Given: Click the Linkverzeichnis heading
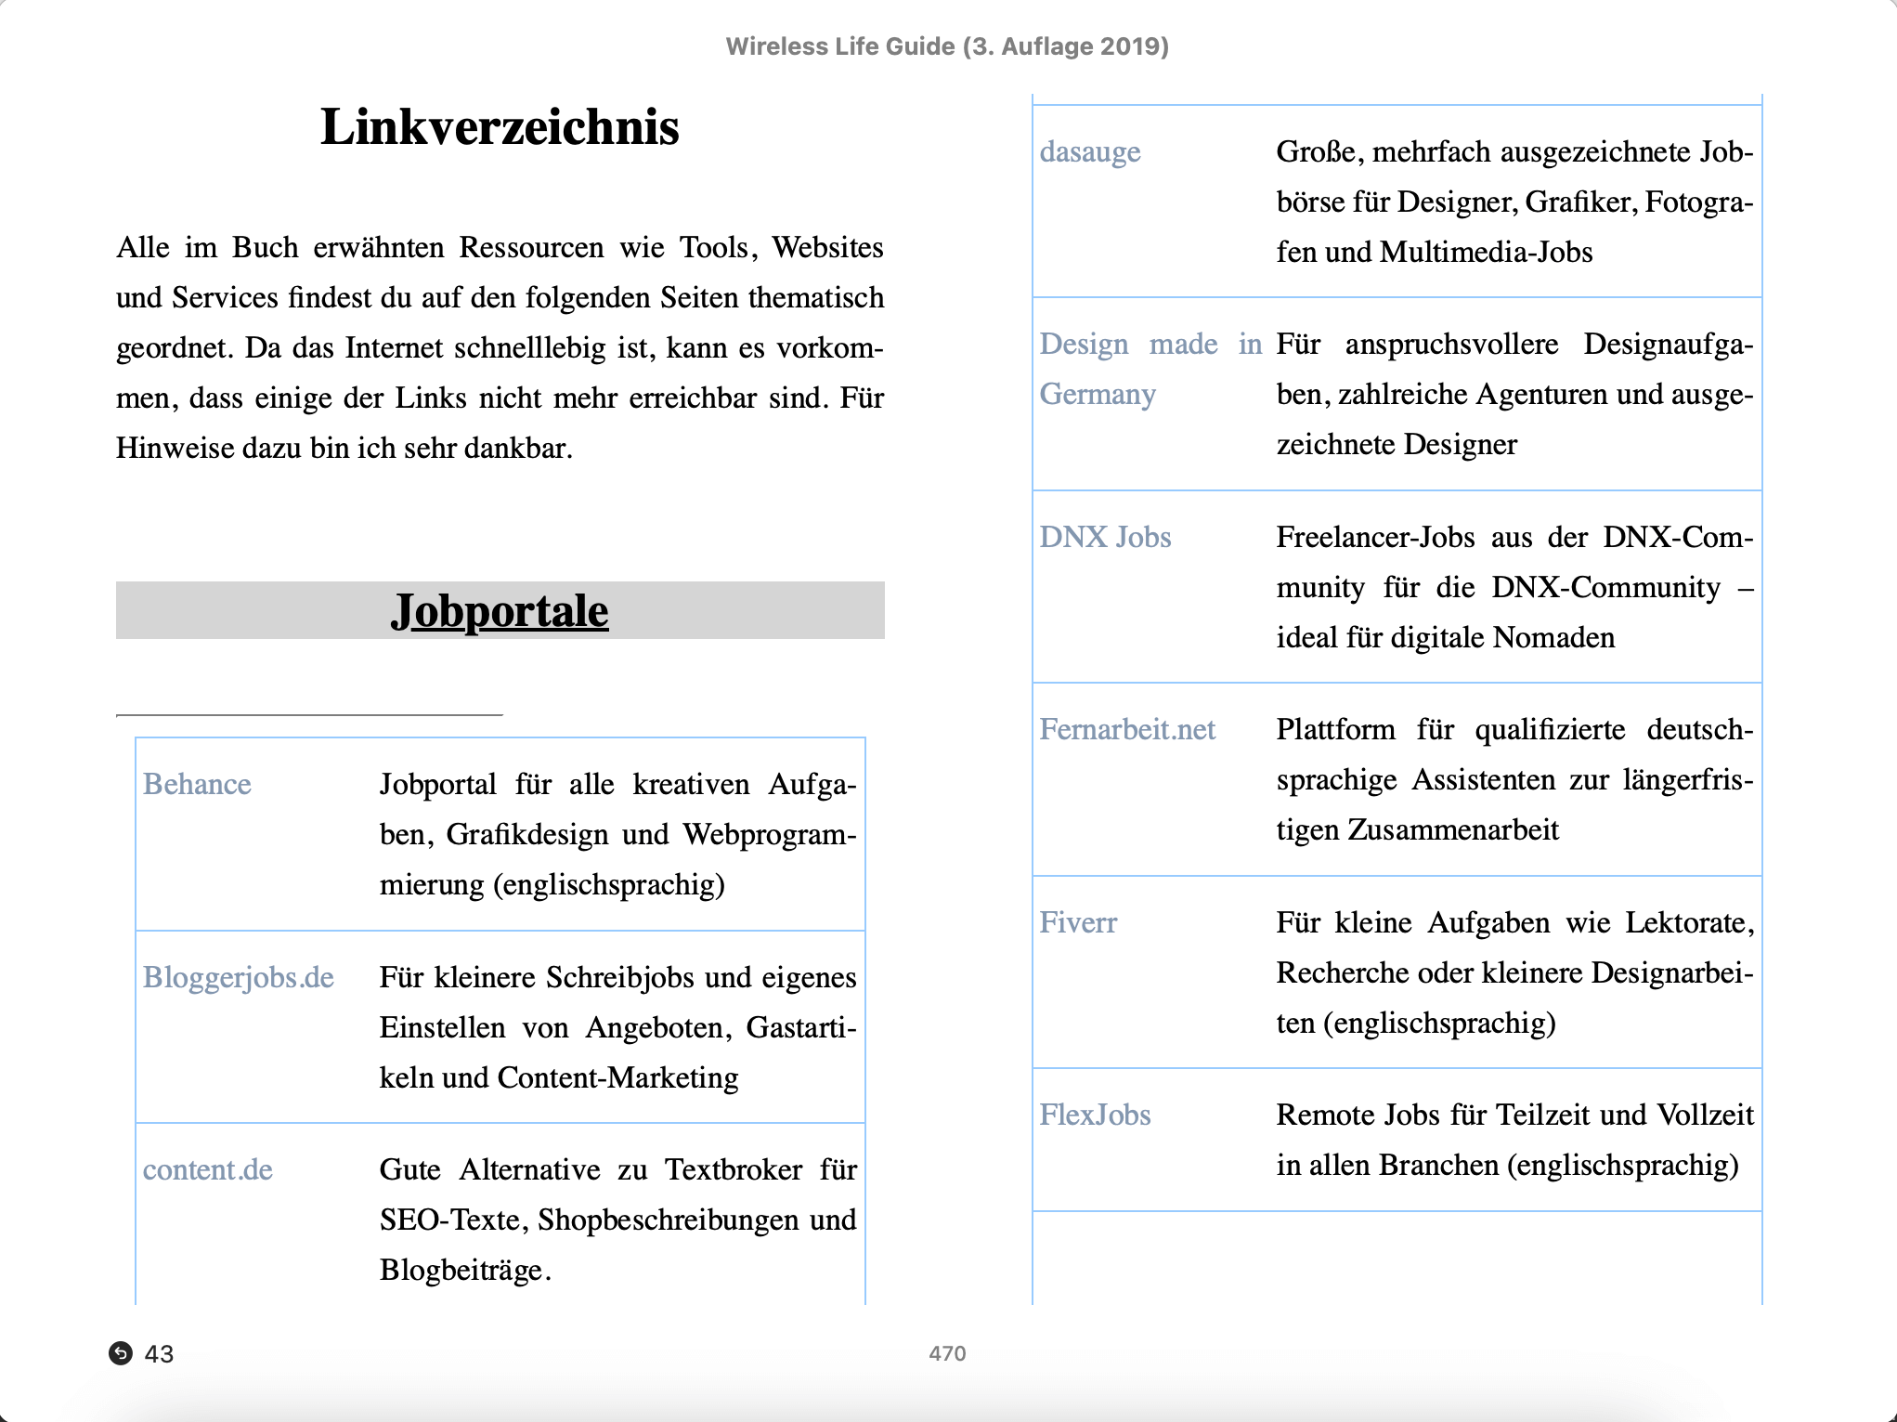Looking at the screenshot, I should (500, 127).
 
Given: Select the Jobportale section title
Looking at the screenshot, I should (500, 611).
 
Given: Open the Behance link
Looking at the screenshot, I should (197, 785).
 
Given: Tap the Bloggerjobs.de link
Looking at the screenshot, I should (238, 978).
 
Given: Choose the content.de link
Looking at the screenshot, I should (207, 1170).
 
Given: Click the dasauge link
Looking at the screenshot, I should (1089, 152).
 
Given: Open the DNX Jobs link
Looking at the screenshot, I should (1105, 538).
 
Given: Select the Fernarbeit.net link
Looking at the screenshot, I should (1126, 730).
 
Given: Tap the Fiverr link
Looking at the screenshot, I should (1077, 923).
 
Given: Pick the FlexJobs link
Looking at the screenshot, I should (1095, 1115).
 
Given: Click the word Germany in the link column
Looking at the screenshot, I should (1098, 395).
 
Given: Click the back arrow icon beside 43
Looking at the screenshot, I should (121, 1353).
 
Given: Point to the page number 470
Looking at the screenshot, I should (947, 1353).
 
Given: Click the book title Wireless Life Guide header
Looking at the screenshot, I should (947, 46).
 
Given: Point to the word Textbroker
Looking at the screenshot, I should (734, 1170).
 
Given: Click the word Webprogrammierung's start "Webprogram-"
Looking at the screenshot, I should (769, 835).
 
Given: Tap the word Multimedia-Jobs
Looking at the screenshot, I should (1486, 253).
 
